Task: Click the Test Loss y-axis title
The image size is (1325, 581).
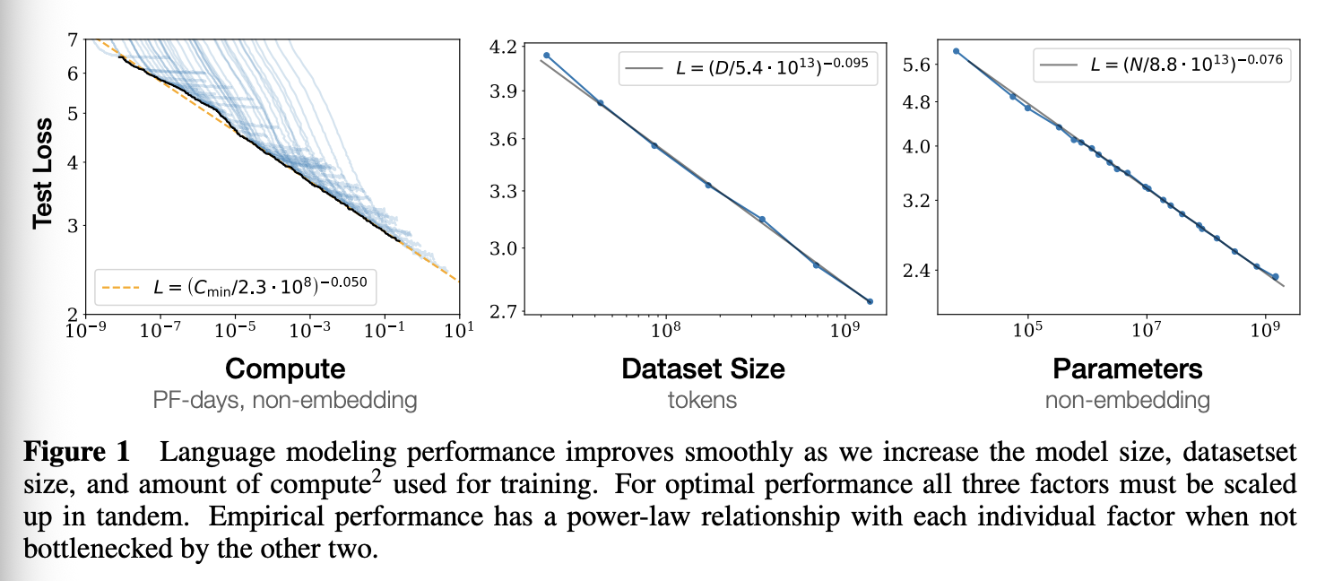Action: click(x=43, y=173)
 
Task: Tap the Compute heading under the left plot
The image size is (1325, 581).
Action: click(x=285, y=369)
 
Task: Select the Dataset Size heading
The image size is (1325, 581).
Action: click(x=704, y=369)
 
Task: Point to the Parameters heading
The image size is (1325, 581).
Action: click(x=1128, y=369)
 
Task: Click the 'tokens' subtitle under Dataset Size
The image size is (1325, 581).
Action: click(x=703, y=401)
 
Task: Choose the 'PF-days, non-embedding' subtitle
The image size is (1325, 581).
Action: click(x=285, y=401)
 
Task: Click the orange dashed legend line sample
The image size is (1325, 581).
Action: click(x=121, y=288)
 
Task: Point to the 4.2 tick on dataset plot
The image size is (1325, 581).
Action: click(x=503, y=46)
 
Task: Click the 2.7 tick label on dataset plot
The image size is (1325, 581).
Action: click(x=503, y=311)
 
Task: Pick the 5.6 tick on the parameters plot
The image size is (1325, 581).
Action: click(x=916, y=64)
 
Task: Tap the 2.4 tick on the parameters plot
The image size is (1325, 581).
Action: click(x=916, y=271)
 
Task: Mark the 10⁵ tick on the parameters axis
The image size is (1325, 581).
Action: click(x=1028, y=330)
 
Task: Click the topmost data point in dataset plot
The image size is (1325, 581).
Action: click(x=547, y=56)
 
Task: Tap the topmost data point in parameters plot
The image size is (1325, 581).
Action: click(x=956, y=51)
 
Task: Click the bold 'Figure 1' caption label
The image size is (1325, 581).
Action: click(x=76, y=452)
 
